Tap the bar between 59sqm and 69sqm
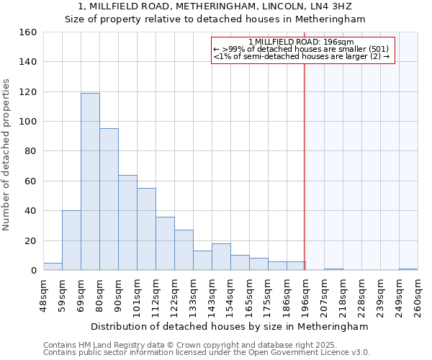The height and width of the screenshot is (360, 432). pos(71,240)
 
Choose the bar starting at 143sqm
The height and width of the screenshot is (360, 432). pos(221,257)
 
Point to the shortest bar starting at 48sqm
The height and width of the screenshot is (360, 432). pos(53,266)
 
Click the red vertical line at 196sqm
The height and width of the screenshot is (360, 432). pos(305,166)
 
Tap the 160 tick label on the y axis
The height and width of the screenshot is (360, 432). pos(27,32)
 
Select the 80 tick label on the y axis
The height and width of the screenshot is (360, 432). pos(30,151)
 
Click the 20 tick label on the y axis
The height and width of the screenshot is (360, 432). pos(30,240)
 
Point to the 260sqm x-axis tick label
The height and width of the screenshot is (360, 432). pos(418,295)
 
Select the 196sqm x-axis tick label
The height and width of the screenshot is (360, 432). pos(306,295)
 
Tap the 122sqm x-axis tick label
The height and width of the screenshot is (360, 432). pos(175,295)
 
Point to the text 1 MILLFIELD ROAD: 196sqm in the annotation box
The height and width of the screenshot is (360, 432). pos(303,42)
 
